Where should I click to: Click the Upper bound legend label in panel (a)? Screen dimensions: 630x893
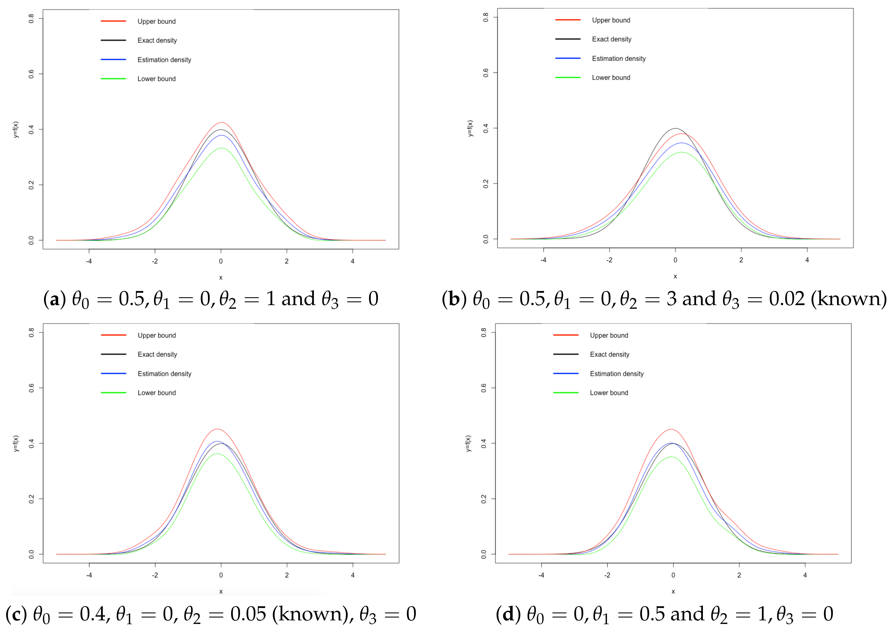coord(156,21)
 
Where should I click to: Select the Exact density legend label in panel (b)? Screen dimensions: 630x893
coord(611,39)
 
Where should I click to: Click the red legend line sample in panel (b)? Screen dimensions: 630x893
coord(568,20)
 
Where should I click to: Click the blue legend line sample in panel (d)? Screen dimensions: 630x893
coord(566,373)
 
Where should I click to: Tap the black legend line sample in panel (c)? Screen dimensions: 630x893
coord(113,354)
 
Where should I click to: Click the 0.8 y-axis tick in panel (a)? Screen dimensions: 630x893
coord(31,18)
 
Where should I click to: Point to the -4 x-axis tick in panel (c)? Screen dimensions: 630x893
coord(89,575)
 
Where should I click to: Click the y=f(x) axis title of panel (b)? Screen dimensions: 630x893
coord(470,129)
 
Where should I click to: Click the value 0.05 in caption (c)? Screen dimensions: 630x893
coord(248,614)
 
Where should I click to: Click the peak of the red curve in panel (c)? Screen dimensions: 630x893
coord(217,429)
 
